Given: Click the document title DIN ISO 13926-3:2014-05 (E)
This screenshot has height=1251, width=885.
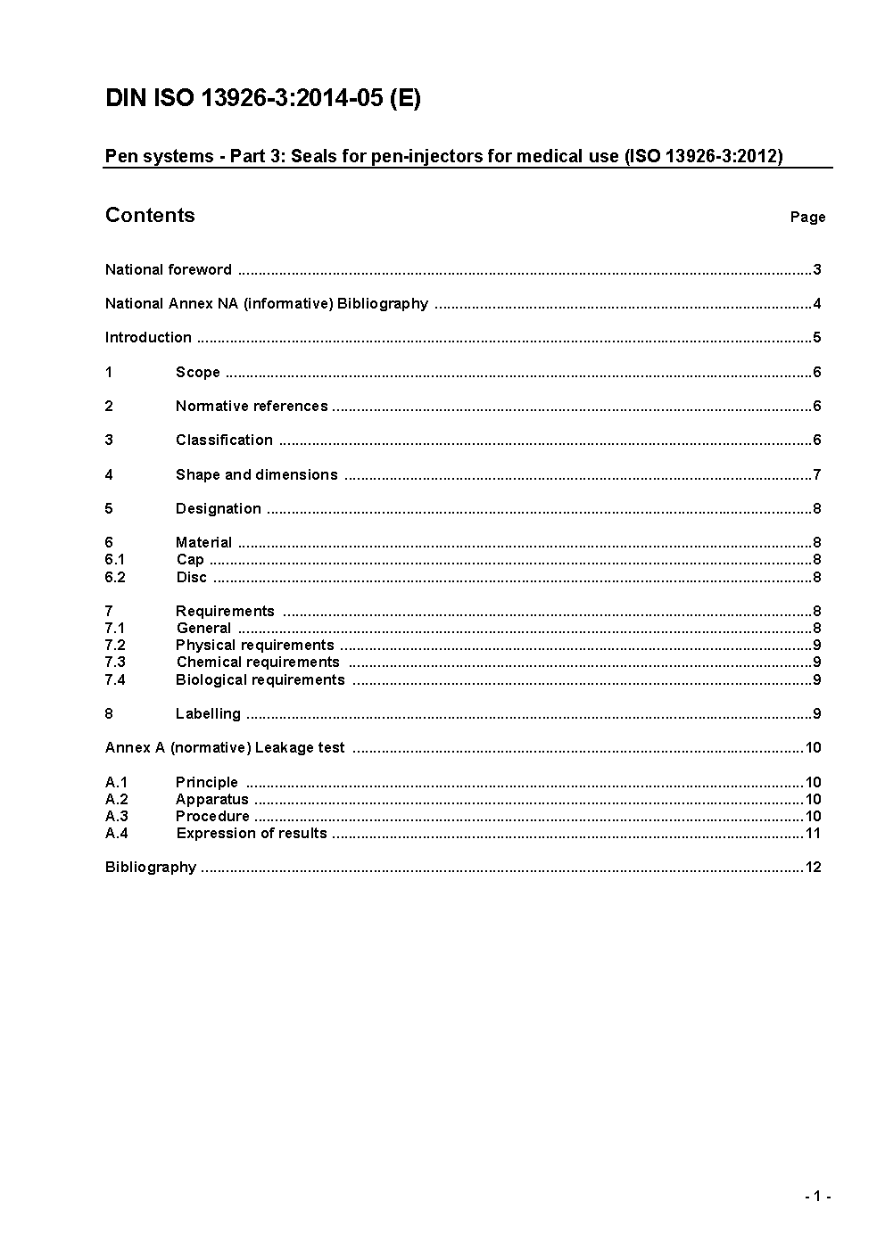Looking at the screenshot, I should (x=262, y=99).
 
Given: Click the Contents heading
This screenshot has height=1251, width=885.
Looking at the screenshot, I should (x=150, y=215).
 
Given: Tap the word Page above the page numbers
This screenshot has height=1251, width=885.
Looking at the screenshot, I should (x=807, y=217).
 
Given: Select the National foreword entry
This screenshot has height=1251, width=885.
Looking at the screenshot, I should (x=169, y=269).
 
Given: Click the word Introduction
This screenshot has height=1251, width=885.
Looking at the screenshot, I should (x=148, y=337).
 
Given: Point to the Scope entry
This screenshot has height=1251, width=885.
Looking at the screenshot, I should (x=197, y=372).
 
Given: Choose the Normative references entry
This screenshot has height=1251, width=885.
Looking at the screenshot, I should (x=252, y=406).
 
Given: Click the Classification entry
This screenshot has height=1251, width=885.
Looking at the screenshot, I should (x=224, y=440).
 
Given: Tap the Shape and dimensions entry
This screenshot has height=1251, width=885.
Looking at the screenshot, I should (x=256, y=474).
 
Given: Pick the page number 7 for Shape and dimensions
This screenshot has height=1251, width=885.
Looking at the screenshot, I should (x=816, y=474).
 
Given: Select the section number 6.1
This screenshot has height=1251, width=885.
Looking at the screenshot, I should (x=115, y=559).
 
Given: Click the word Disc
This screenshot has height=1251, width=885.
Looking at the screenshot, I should (x=191, y=577).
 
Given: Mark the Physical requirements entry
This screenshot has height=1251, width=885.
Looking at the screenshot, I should (x=254, y=645).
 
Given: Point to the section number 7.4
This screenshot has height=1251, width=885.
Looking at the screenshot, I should (x=115, y=679).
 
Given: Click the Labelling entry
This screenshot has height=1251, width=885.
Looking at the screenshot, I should (x=208, y=713).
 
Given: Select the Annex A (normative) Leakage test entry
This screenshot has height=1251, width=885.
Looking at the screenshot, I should (x=225, y=747).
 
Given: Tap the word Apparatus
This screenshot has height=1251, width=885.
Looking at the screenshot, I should (x=211, y=799).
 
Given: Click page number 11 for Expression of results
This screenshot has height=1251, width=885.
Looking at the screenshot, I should (x=813, y=833).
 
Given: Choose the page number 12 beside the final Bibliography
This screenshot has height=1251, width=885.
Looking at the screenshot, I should (x=813, y=867).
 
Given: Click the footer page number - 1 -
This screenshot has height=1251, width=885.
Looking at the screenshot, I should (x=817, y=1197).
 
